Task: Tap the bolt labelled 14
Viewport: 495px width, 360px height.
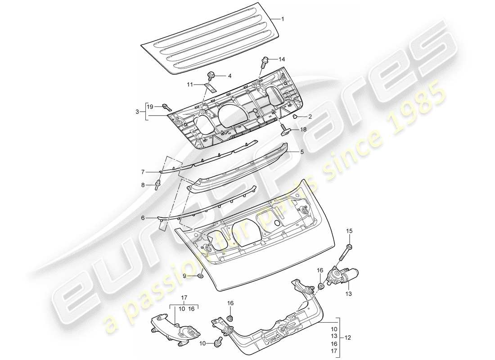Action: coord(265,60)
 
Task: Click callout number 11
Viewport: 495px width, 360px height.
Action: coord(190,84)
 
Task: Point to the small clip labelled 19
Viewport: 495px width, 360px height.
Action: coord(167,107)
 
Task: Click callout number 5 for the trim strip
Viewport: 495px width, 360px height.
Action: coord(302,152)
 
